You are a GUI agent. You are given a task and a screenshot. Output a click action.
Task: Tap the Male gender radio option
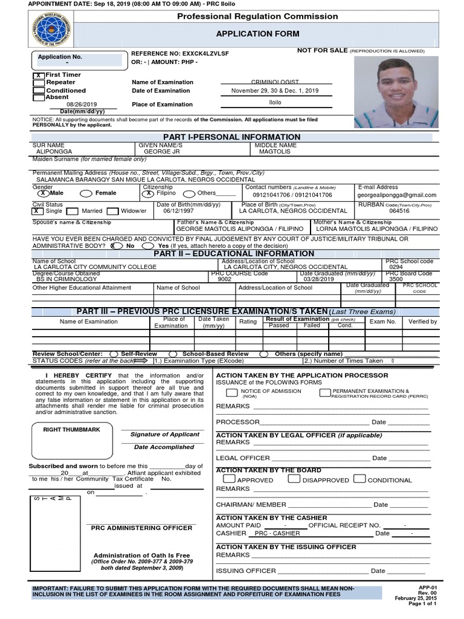[43, 193]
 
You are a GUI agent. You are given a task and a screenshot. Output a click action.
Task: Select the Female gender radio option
[85, 193]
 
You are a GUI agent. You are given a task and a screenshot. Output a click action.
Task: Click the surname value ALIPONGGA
[54, 152]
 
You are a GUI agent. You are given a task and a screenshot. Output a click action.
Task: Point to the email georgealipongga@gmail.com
[396, 195]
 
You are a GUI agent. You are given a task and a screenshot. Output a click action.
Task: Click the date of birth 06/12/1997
[178, 212]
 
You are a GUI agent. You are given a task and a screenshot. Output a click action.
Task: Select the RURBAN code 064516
[399, 212]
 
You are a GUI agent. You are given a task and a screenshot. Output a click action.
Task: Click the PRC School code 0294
[396, 267]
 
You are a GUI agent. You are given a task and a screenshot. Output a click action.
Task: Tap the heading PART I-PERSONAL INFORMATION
[232, 137]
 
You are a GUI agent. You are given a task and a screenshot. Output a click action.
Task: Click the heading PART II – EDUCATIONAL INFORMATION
[234, 254]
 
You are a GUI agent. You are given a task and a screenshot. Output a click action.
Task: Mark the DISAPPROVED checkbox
[294, 479]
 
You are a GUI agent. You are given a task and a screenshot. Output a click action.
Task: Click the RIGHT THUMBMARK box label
[69, 429]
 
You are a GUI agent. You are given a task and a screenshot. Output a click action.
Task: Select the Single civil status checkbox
[37, 212]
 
